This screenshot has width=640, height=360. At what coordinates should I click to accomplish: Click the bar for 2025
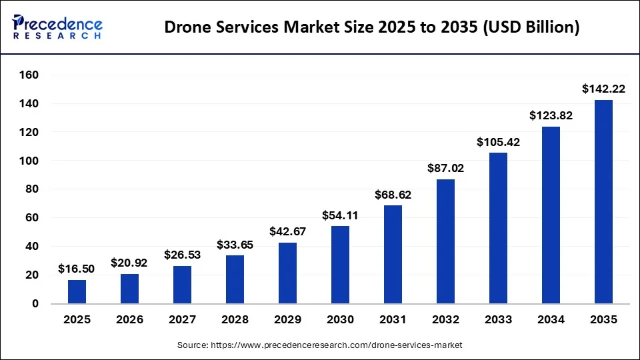click(x=77, y=291)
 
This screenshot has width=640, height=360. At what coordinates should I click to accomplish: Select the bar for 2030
click(x=340, y=265)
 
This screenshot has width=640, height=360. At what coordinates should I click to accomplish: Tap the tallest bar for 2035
click(x=603, y=201)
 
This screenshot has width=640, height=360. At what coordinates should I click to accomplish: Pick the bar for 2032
click(x=445, y=241)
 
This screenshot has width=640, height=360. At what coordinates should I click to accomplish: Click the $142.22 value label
click(x=603, y=88)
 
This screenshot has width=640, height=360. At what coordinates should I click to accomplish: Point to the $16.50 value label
click(x=77, y=268)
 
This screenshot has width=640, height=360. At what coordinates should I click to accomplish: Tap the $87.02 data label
click(x=445, y=168)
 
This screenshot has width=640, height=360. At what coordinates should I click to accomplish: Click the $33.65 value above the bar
click(x=235, y=244)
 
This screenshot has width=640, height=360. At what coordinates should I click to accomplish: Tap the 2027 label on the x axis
click(x=182, y=320)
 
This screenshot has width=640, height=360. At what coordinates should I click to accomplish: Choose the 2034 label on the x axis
click(x=551, y=320)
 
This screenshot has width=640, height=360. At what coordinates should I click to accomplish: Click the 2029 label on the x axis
click(x=287, y=320)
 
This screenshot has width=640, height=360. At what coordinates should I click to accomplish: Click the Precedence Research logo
click(x=57, y=27)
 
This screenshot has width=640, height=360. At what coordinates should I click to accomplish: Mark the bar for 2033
click(x=498, y=228)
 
